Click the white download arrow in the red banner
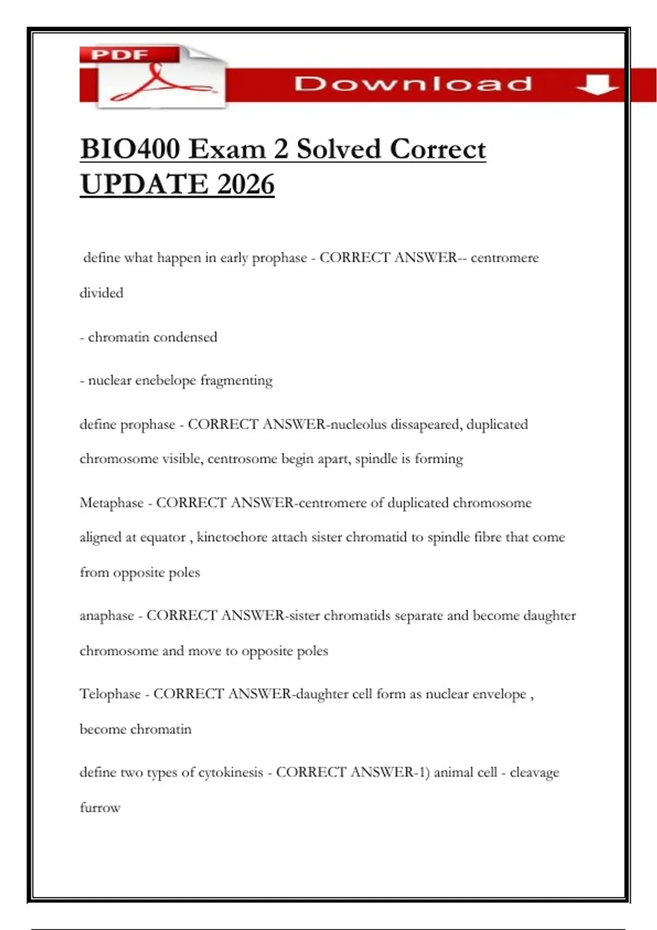pos(597,85)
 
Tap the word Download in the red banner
pos(413,84)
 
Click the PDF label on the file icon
pos(120,55)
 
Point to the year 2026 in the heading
pos(245,184)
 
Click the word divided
pos(101,293)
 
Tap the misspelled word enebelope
pos(165,380)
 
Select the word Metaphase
pos(111,503)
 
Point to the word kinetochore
pos(232,537)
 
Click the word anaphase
pos(107,616)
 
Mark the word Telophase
pos(110,694)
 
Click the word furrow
pos(100,807)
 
